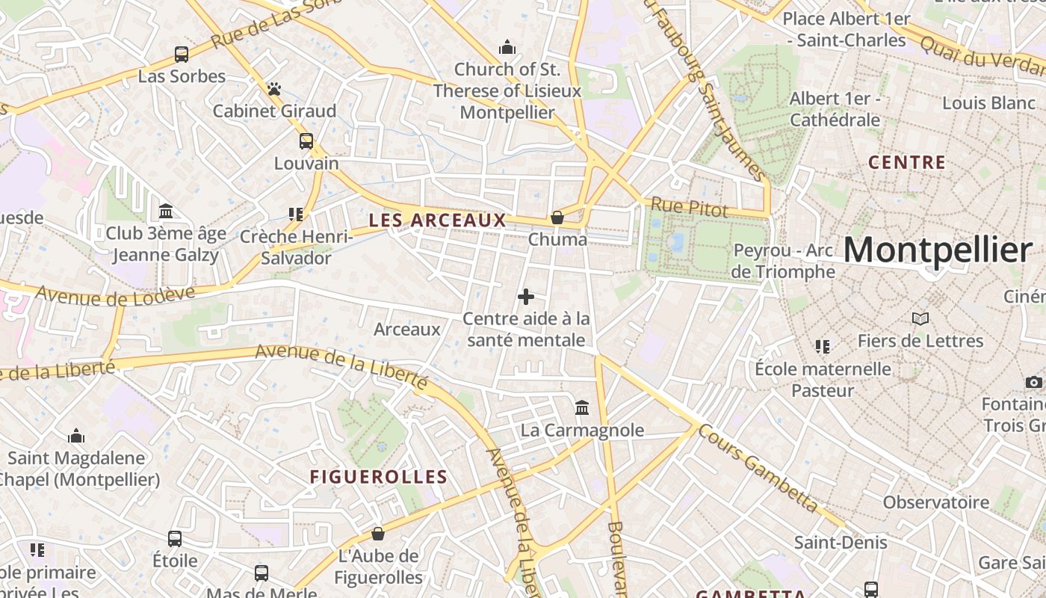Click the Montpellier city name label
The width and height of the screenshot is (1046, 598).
click(938, 250)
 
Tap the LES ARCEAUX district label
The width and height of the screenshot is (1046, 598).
click(437, 221)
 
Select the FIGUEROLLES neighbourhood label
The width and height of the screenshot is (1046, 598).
click(379, 477)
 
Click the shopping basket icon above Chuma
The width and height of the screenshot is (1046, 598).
click(557, 218)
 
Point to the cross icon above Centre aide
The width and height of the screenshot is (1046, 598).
click(526, 297)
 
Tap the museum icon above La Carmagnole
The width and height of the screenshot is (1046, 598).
click(582, 407)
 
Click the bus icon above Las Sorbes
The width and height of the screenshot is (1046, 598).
click(182, 54)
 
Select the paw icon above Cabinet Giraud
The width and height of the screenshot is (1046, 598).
click(274, 89)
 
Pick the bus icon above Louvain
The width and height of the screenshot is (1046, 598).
click(306, 141)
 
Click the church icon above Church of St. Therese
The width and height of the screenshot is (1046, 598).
click(507, 48)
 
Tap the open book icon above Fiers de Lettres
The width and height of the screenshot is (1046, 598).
click(920, 319)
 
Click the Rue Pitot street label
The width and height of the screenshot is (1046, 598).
click(689, 209)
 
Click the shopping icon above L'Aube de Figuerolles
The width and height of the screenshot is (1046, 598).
click(378, 534)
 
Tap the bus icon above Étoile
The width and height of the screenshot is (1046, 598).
click(175, 538)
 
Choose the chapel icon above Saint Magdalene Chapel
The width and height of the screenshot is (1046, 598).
click(76, 437)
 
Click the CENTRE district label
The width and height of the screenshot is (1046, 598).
click(907, 162)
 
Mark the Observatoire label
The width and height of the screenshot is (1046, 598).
click(936, 502)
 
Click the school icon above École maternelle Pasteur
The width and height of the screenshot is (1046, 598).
click(823, 346)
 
